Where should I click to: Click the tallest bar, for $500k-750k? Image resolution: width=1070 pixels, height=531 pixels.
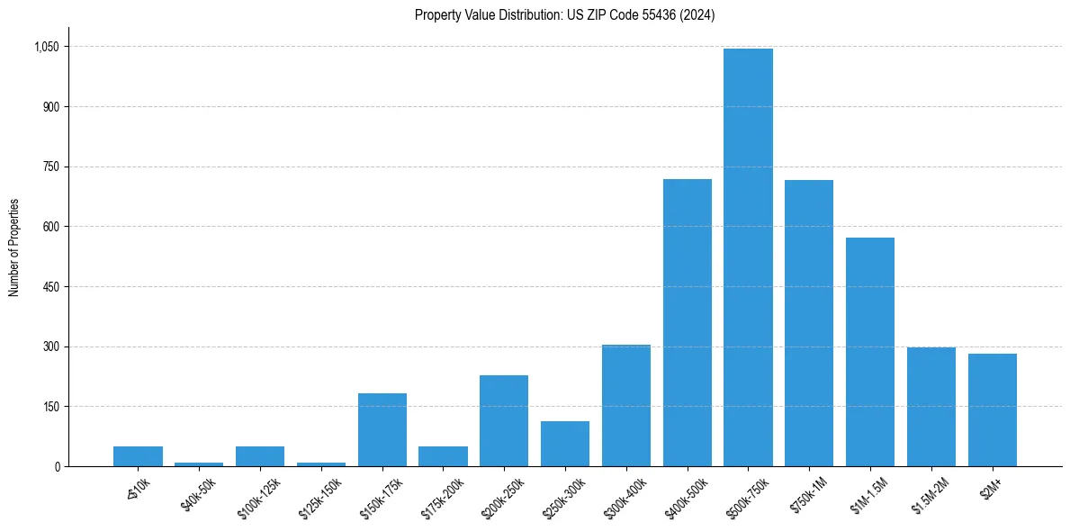click(748, 257)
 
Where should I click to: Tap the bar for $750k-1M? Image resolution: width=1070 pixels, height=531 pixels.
click(809, 323)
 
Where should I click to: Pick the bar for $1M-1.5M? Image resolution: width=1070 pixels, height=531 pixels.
click(869, 352)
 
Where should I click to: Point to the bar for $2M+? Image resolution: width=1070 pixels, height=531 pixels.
click(992, 409)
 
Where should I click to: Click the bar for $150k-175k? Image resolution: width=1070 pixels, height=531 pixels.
click(382, 429)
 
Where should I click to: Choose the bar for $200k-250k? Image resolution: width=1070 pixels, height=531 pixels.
click(504, 420)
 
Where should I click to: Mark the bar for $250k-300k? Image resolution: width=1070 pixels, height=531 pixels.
click(565, 444)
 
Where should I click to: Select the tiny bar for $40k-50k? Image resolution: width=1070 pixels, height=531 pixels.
click(199, 463)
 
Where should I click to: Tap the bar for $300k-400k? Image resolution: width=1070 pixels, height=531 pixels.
click(626, 405)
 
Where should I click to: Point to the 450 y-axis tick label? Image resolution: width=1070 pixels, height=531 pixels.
click(52, 287)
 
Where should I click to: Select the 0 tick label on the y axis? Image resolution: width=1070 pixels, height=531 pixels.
click(58, 466)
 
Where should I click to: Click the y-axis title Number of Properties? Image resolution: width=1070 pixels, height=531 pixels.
click(14, 247)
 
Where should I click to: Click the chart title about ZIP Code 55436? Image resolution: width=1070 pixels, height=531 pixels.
click(564, 15)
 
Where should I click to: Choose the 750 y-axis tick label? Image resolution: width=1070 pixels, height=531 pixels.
click(52, 166)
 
